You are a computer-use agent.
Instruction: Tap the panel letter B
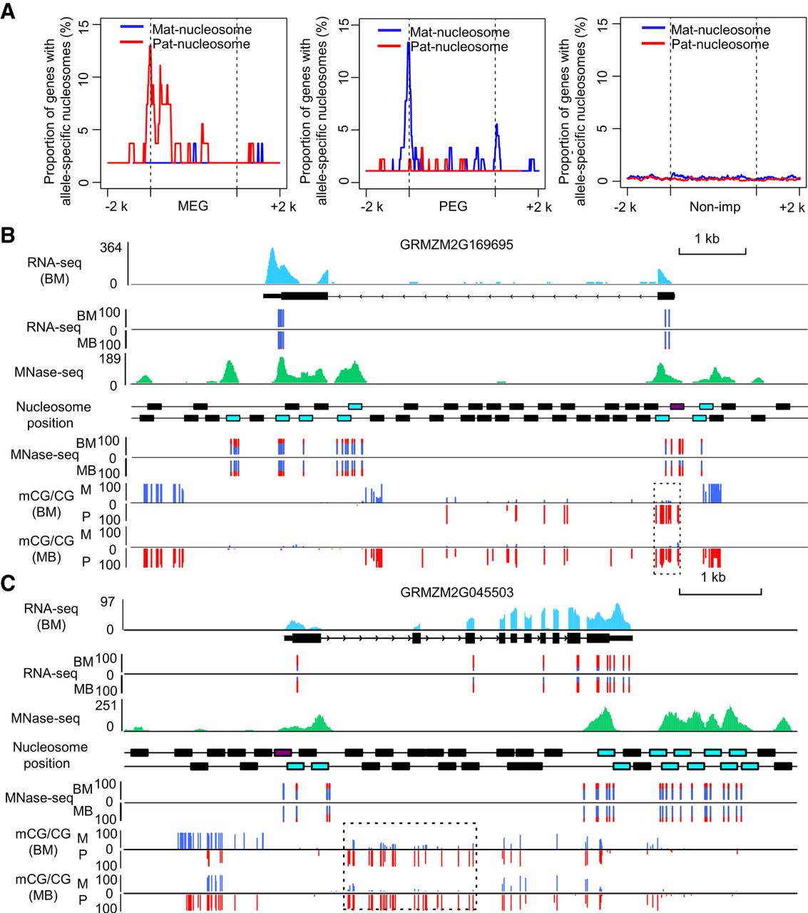click(8, 234)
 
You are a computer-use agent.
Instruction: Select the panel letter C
click(9, 583)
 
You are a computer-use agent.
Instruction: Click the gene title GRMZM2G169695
click(456, 245)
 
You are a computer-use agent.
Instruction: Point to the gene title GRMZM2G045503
click(456, 593)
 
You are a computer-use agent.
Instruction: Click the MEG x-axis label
click(193, 206)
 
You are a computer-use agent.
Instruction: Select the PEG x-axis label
click(453, 206)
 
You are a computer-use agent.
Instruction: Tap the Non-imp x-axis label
click(715, 207)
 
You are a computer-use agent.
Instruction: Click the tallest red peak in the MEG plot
click(150, 50)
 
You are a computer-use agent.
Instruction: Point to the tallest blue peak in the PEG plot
click(409, 44)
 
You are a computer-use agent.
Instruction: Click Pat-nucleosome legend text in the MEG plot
click(201, 44)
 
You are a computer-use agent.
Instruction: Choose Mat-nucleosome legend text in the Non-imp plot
click(720, 30)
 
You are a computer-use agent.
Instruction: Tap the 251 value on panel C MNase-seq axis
click(105, 705)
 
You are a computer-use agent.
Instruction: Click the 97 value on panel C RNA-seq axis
click(107, 601)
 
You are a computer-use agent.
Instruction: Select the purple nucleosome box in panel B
click(677, 406)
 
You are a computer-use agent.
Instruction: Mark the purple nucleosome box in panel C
click(283, 752)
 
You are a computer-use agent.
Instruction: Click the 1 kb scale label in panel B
click(707, 238)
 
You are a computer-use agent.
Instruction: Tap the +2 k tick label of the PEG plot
click(538, 207)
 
